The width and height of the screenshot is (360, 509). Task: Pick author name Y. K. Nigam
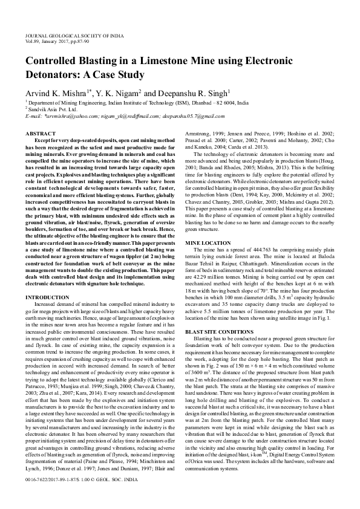coord(116,94)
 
